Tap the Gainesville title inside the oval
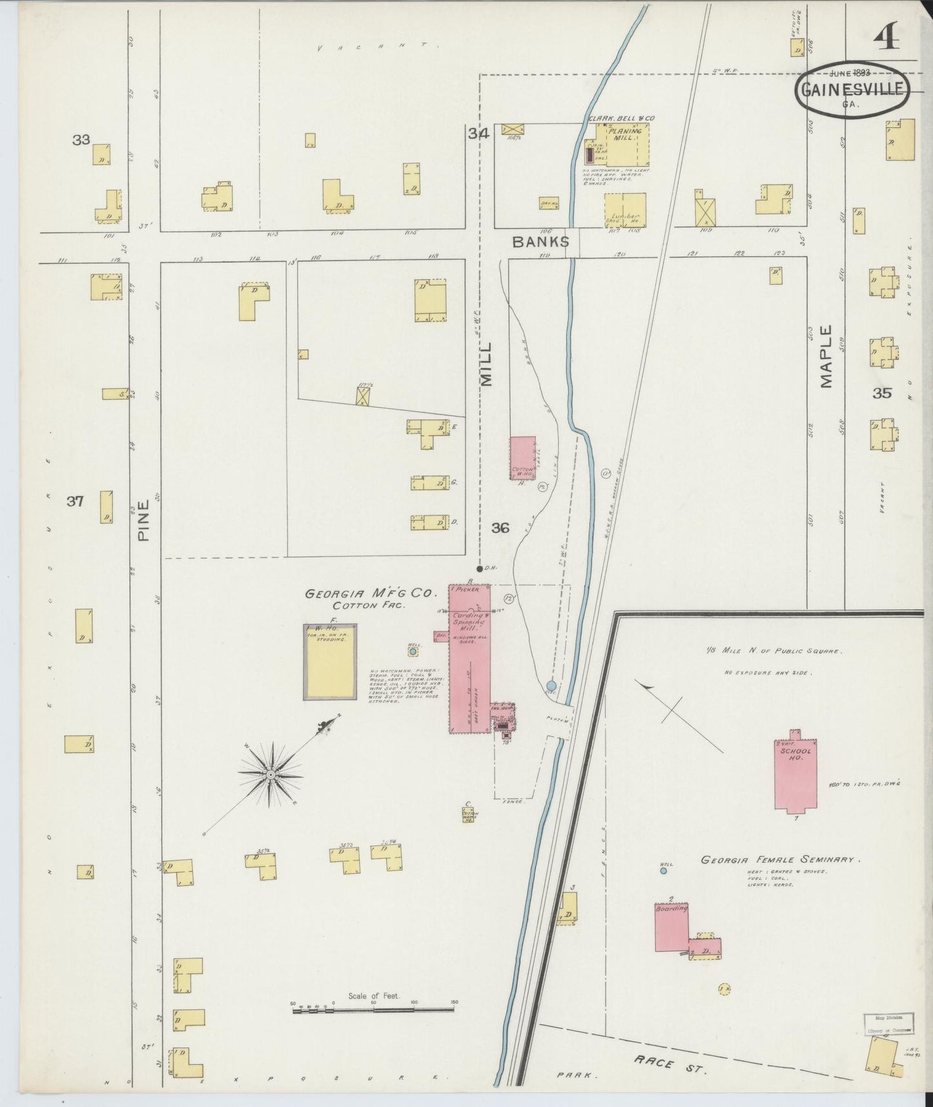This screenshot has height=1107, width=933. (852, 89)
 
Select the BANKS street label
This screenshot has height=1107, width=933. (540, 242)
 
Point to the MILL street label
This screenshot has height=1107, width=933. (486, 364)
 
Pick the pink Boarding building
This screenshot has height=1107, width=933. (672, 928)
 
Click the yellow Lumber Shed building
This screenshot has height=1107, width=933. (624, 210)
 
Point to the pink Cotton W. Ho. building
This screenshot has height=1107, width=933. (522, 457)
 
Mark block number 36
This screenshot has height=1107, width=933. (500, 528)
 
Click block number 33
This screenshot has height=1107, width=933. (81, 139)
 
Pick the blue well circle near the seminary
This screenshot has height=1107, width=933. (663, 871)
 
